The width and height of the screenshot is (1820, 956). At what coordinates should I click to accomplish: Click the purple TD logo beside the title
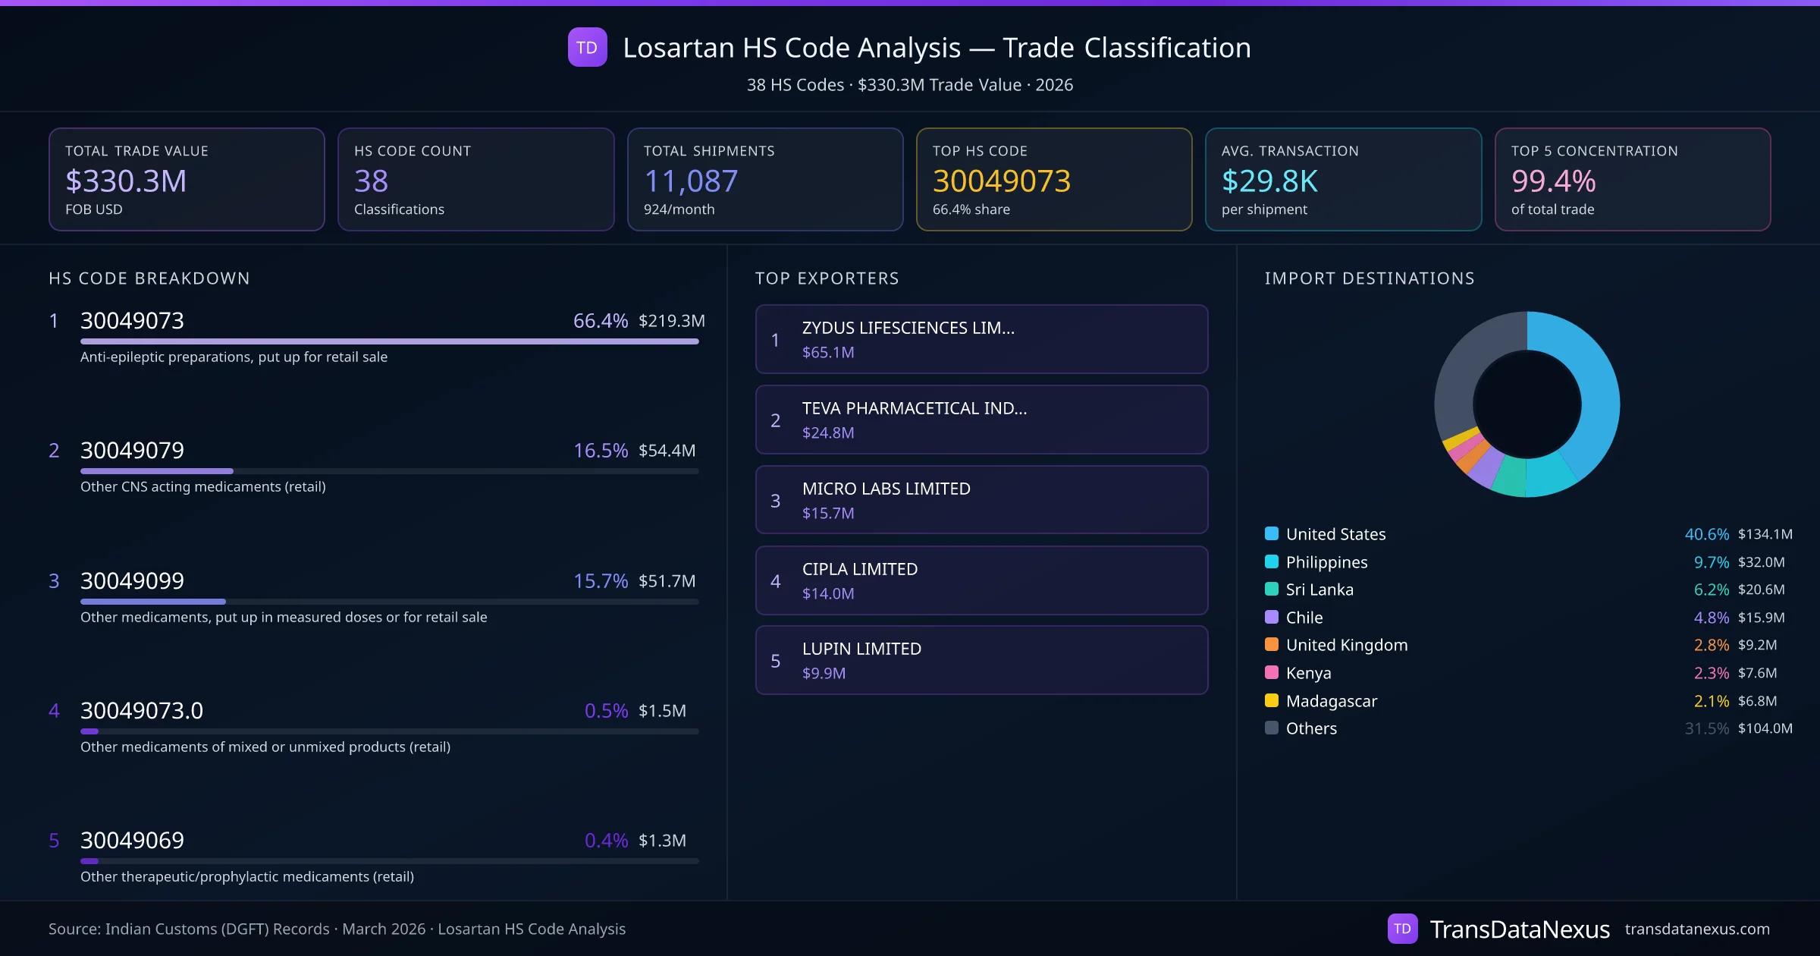click(x=587, y=47)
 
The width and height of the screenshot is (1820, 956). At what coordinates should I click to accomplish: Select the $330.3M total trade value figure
click(x=126, y=181)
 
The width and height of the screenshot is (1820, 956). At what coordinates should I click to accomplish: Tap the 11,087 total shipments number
click(x=690, y=181)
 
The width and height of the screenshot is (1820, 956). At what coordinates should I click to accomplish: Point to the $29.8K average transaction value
click(x=1269, y=181)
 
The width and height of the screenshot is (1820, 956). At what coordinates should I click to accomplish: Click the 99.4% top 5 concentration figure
click(x=1553, y=181)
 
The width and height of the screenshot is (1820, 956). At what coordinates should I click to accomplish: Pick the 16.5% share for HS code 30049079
click(x=600, y=451)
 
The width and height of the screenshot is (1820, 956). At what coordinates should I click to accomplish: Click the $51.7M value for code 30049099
click(x=667, y=581)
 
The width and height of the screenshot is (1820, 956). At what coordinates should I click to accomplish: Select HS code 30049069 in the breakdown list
click(x=132, y=841)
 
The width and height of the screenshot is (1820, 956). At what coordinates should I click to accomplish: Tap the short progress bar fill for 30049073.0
click(x=89, y=731)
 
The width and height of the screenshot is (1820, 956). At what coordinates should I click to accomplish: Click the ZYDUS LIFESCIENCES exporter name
click(x=908, y=328)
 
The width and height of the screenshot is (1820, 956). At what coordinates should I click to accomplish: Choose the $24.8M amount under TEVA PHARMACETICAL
click(x=828, y=433)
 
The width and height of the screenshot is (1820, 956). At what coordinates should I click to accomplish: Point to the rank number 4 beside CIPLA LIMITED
click(x=775, y=581)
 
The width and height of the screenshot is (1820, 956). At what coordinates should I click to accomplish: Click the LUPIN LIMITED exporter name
click(x=861, y=649)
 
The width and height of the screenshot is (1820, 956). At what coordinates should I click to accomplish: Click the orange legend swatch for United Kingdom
click(x=1272, y=645)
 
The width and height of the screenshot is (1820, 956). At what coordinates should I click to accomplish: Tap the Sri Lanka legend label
click(x=1319, y=590)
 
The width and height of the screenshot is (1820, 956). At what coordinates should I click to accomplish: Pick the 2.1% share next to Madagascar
click(x=1711, y=701)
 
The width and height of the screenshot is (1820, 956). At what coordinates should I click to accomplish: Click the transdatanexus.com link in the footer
click(x=1697, y=929)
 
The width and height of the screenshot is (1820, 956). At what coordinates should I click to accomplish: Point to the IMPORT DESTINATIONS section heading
click(x=1370, y=278)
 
